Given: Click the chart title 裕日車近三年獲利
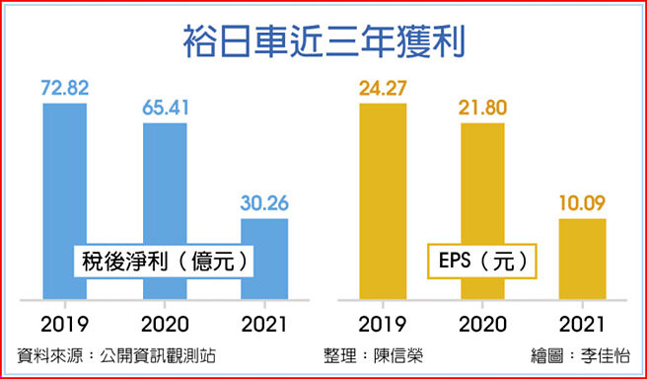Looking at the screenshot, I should tap(323, 42).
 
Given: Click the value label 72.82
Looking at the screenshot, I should tap(65, 88).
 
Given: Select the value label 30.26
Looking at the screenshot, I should tap(263, 202).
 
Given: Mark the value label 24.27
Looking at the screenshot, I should tap(383, 88).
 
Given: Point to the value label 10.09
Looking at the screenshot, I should tap(581, 202).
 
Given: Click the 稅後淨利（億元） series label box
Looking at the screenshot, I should tap(164, 262).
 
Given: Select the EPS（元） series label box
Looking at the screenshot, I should tap(481, 262).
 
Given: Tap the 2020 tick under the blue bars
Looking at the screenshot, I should tap(165, 323).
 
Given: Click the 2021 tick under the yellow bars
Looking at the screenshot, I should tap(581, 323).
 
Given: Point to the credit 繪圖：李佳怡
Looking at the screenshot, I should tap(588, 355).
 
